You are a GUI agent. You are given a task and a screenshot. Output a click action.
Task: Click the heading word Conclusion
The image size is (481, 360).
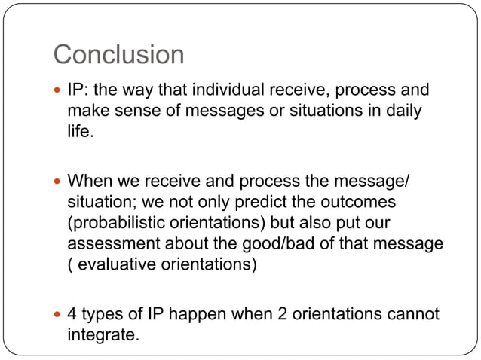point(118,55)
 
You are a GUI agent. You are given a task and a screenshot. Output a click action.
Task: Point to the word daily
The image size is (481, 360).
point(400,111)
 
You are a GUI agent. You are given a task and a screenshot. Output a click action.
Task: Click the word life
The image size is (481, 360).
point(80,131)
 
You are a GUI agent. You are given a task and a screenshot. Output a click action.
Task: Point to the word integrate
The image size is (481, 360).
point(103,334)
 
